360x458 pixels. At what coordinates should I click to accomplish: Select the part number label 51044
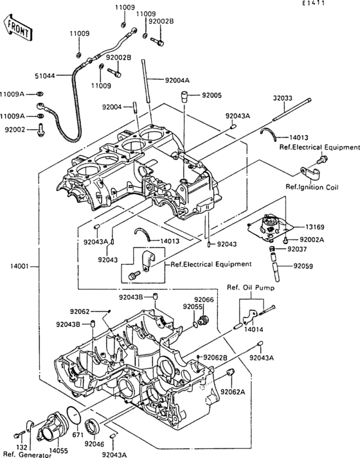(45, 76)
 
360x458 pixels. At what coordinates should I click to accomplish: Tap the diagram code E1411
(314, 3)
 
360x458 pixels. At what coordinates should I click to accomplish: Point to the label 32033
(283, 98)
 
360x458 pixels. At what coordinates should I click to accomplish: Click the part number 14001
(19, 266)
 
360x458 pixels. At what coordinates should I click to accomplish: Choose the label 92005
(212, 95)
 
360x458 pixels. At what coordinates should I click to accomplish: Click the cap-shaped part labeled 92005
(184, 96)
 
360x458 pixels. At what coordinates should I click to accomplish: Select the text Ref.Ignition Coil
(312, 187)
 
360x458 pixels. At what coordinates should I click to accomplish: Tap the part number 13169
(315, 227)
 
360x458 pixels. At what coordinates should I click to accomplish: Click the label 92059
(303, 266)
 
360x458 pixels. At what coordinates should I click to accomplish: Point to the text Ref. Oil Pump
(251, 287)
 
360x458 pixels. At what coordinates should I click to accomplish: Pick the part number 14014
(254, 329)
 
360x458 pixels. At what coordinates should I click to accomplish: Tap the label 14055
(58, 451)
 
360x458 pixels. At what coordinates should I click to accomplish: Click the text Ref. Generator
(27, 455)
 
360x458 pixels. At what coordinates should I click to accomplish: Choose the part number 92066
(204, 300)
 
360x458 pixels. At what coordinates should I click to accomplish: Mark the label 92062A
(233, 391)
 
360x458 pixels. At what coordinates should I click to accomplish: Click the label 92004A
(177, 80)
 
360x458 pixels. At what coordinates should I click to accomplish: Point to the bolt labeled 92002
(40, 130)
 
